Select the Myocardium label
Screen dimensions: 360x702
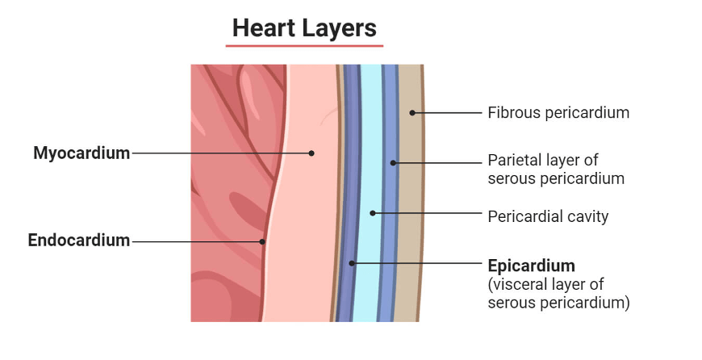coord(81,153)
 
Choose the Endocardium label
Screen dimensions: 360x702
coord(79,241)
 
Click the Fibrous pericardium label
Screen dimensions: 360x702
coord(558,113)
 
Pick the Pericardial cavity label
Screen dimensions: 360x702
coord(548,216)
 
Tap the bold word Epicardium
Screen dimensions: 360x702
coord(532,266)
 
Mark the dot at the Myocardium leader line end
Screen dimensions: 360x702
coord(311,153)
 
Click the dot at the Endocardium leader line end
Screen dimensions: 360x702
coord(262,241)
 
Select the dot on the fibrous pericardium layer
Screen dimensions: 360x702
coord(412,113)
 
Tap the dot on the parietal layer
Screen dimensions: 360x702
coord(393,163)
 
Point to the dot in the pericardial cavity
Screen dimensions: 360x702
coord(372,214)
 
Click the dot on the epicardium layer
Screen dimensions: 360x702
coord(352,263)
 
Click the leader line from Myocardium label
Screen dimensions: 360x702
coord(218,153)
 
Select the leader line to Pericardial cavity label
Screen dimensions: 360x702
coord(428,214)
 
